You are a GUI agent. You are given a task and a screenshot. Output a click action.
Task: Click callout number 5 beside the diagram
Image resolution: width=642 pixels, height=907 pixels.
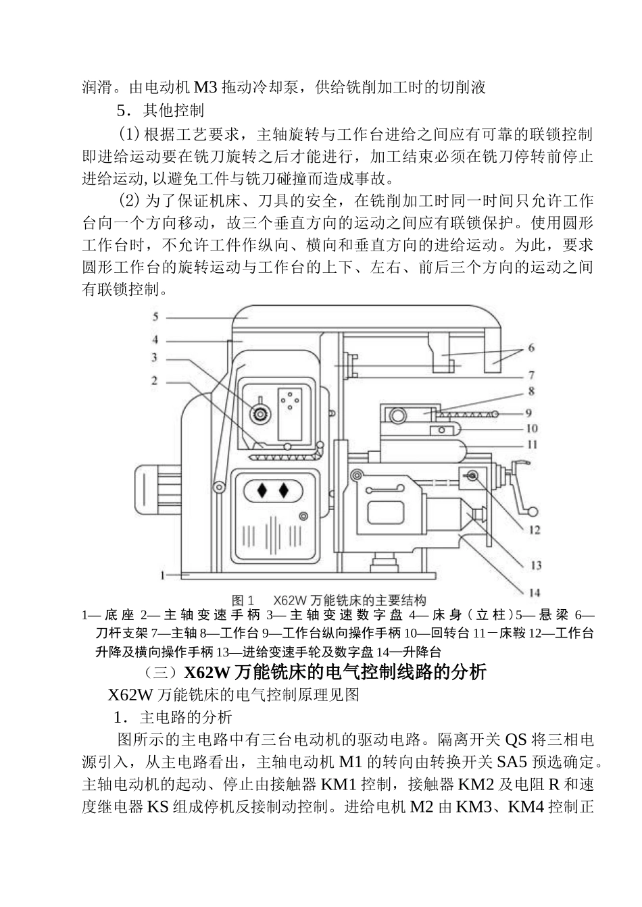pos(155,316)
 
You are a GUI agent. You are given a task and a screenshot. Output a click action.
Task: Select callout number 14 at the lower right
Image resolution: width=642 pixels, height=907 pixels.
pos(535,592)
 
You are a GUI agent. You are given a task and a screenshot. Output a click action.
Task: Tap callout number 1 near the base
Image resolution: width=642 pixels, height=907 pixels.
pos(163,575)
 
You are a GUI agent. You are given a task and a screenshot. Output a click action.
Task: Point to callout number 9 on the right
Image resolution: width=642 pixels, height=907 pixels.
pos(528,412)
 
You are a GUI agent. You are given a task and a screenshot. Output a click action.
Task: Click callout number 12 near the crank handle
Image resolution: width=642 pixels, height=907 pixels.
pos(535,530)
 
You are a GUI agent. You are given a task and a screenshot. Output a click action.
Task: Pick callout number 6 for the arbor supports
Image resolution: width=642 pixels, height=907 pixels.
pos(531,348)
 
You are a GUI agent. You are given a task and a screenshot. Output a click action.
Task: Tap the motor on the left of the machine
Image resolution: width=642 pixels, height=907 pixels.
pos(156,489)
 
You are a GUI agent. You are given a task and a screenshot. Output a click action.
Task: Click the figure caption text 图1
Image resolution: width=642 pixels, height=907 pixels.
pos(242,600)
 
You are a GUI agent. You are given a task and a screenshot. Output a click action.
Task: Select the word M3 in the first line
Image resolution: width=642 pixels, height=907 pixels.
pos(205,87)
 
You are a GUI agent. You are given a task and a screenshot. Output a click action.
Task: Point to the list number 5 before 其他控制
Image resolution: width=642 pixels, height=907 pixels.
pos(122,109)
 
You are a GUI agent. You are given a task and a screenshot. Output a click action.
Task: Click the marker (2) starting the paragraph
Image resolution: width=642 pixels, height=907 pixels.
pos(128,201)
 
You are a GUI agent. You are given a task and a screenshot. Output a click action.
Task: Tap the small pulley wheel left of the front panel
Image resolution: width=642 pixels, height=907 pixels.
pos(218,487)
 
